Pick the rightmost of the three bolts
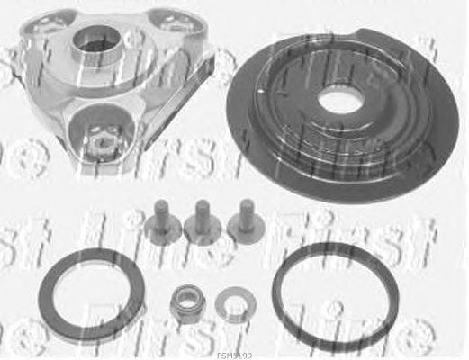click(x=241, y=220)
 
